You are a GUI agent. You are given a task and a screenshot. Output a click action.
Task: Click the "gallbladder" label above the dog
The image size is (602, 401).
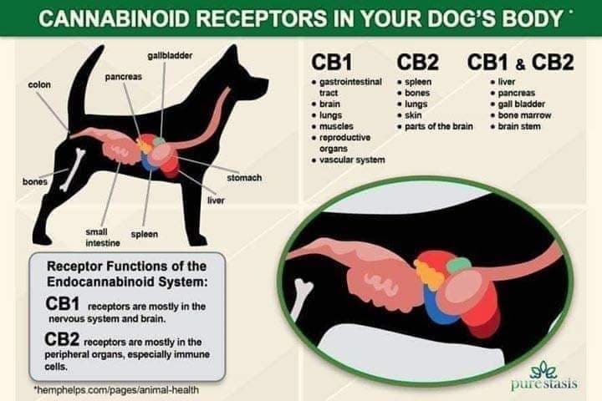click(x=170, y=56)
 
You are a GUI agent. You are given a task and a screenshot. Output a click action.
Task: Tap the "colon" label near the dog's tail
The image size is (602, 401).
click(x=39, y=84)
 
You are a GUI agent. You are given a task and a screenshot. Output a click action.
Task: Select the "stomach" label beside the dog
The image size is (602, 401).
click(x=244, y=178)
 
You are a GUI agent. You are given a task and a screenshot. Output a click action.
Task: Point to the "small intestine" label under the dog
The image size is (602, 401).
click(x=103, y=237)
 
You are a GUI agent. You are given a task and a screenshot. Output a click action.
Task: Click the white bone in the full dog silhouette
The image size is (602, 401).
click(x=73, y=170)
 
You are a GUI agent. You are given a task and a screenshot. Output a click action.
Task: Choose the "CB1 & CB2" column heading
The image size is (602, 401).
click(x=521, y=62)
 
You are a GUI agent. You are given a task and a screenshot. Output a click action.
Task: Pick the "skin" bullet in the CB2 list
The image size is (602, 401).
click(x=413, y=115)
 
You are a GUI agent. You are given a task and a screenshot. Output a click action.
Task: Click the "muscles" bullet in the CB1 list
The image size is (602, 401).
click(x=336, y=126)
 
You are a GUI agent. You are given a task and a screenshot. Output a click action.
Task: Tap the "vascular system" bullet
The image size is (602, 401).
click(x=352, y=160)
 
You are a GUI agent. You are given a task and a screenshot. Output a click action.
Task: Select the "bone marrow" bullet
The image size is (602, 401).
click(x=524, y=115)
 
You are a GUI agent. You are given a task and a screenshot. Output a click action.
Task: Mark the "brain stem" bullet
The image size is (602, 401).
click(x=519, y=126)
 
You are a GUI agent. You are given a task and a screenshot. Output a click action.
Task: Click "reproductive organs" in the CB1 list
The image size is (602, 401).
click(x=344, y=143)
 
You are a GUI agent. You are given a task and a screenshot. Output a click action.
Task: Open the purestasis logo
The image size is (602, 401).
click(x=544, y=376)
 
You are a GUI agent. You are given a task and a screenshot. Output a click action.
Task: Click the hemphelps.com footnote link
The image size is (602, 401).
click(x=117, y=390)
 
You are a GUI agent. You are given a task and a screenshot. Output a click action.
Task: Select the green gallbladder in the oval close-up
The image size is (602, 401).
click(x=459, y=265)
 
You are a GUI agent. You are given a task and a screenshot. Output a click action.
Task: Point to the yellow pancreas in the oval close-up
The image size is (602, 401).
click(x=427, y=273)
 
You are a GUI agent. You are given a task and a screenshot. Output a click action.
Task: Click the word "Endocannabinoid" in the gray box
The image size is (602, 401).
click(x=101, y=282)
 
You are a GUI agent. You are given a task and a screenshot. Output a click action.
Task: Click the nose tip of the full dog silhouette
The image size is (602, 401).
click(x=268, y=82)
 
